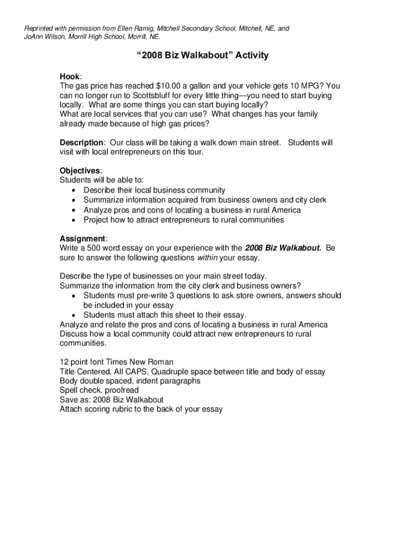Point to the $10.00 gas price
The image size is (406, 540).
click(168, 86)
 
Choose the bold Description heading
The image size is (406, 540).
click(81, 142)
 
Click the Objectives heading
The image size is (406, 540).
click(80, 171)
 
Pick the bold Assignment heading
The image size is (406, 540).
click(82, 238)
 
